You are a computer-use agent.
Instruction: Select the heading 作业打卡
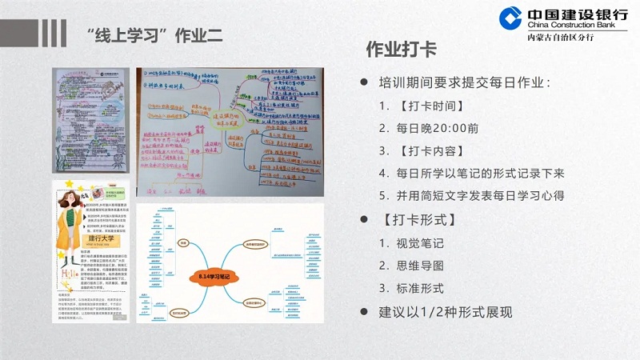point(401,50)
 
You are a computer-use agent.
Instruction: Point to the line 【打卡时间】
point(431,106)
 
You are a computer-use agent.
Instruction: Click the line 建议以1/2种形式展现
point(445,312)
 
